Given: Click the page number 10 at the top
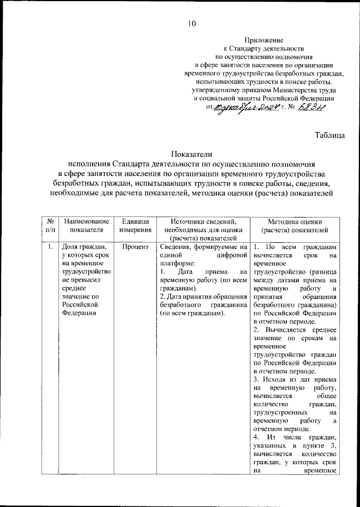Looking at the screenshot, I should [191, 24].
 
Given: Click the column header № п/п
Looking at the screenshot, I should [50, 226].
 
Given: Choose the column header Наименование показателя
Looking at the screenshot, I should [86, 226].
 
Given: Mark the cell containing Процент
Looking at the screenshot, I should [134, 246].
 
